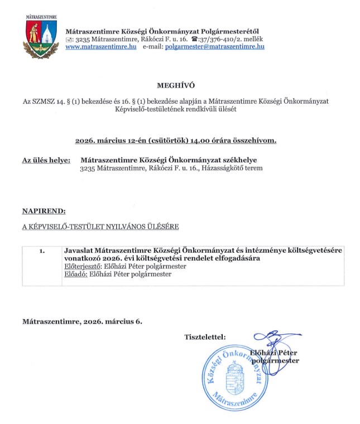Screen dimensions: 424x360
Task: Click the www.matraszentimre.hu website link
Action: (101, 47)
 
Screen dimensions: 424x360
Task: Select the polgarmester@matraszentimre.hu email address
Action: (215, 47)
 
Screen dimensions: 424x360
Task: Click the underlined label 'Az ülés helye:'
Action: (46, 160)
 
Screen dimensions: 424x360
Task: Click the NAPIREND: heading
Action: (44, 211)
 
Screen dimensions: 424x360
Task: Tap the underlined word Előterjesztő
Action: (80, 267)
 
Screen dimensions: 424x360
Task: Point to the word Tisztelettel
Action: (205, 337)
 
